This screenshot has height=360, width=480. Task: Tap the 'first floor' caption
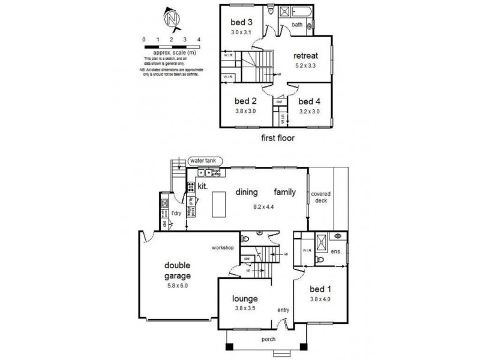tap(277, 137)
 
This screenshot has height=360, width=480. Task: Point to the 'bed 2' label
tap(245, 100)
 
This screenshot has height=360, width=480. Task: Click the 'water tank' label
tap(205, 161)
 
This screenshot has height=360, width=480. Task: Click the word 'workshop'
tap(221, 247)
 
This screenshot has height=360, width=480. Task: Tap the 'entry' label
tap(283, 310)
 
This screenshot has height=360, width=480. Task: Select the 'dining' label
tap(247, 193)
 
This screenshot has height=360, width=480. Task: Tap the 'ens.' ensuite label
tap(337, 251)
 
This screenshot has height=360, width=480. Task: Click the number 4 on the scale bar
tap(198, 39)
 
